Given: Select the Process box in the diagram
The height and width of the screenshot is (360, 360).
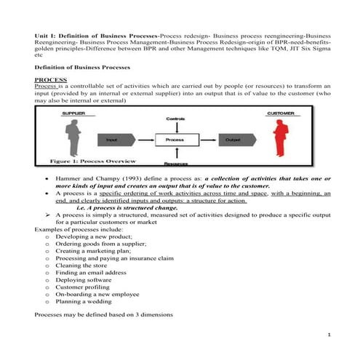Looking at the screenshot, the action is coord(175,139).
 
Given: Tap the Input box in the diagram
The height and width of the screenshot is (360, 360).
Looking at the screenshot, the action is coord(112,139).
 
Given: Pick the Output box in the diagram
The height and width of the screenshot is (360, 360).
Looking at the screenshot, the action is coord(233,139).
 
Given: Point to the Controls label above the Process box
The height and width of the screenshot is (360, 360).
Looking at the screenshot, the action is coord(175,118).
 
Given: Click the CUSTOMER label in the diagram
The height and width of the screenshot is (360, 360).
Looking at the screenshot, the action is coord(281,113).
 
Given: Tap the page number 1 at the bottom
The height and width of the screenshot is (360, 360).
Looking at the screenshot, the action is coord(329,335).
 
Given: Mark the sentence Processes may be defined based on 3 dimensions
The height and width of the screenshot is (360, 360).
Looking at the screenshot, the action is coord(103,314).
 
